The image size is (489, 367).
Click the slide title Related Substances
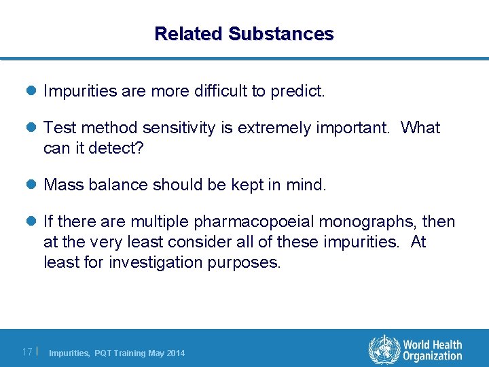[x=244, y=33]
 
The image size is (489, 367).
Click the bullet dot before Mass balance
[x=32, y=185]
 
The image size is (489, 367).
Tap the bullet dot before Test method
[x=32, y=128]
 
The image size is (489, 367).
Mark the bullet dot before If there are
[x=32, y=222]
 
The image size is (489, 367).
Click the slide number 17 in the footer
[x=28, y=352]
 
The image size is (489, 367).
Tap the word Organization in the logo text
[x=432, y=356]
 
